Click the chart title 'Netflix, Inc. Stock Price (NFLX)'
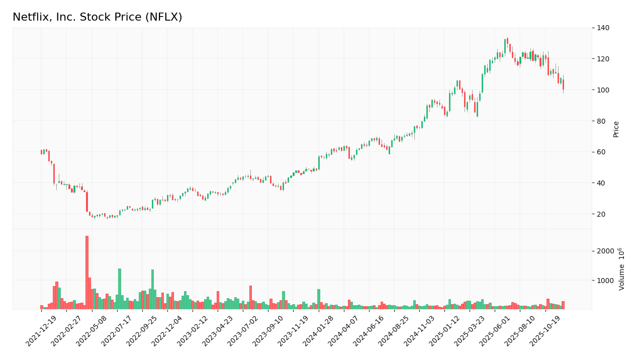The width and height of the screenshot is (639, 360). tap(97, 18)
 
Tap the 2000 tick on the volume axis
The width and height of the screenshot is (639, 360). tap(606, 251)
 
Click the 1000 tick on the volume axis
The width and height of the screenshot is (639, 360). tap(606, 281)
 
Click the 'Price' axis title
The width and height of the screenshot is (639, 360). tap(616, 129)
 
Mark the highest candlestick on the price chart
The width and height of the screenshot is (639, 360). tap(507, 41)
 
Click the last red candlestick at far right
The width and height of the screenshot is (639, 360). tap(563, 84)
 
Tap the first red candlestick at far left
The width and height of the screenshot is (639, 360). tap(42, 152)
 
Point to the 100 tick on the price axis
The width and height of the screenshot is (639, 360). tap(602, 90)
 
